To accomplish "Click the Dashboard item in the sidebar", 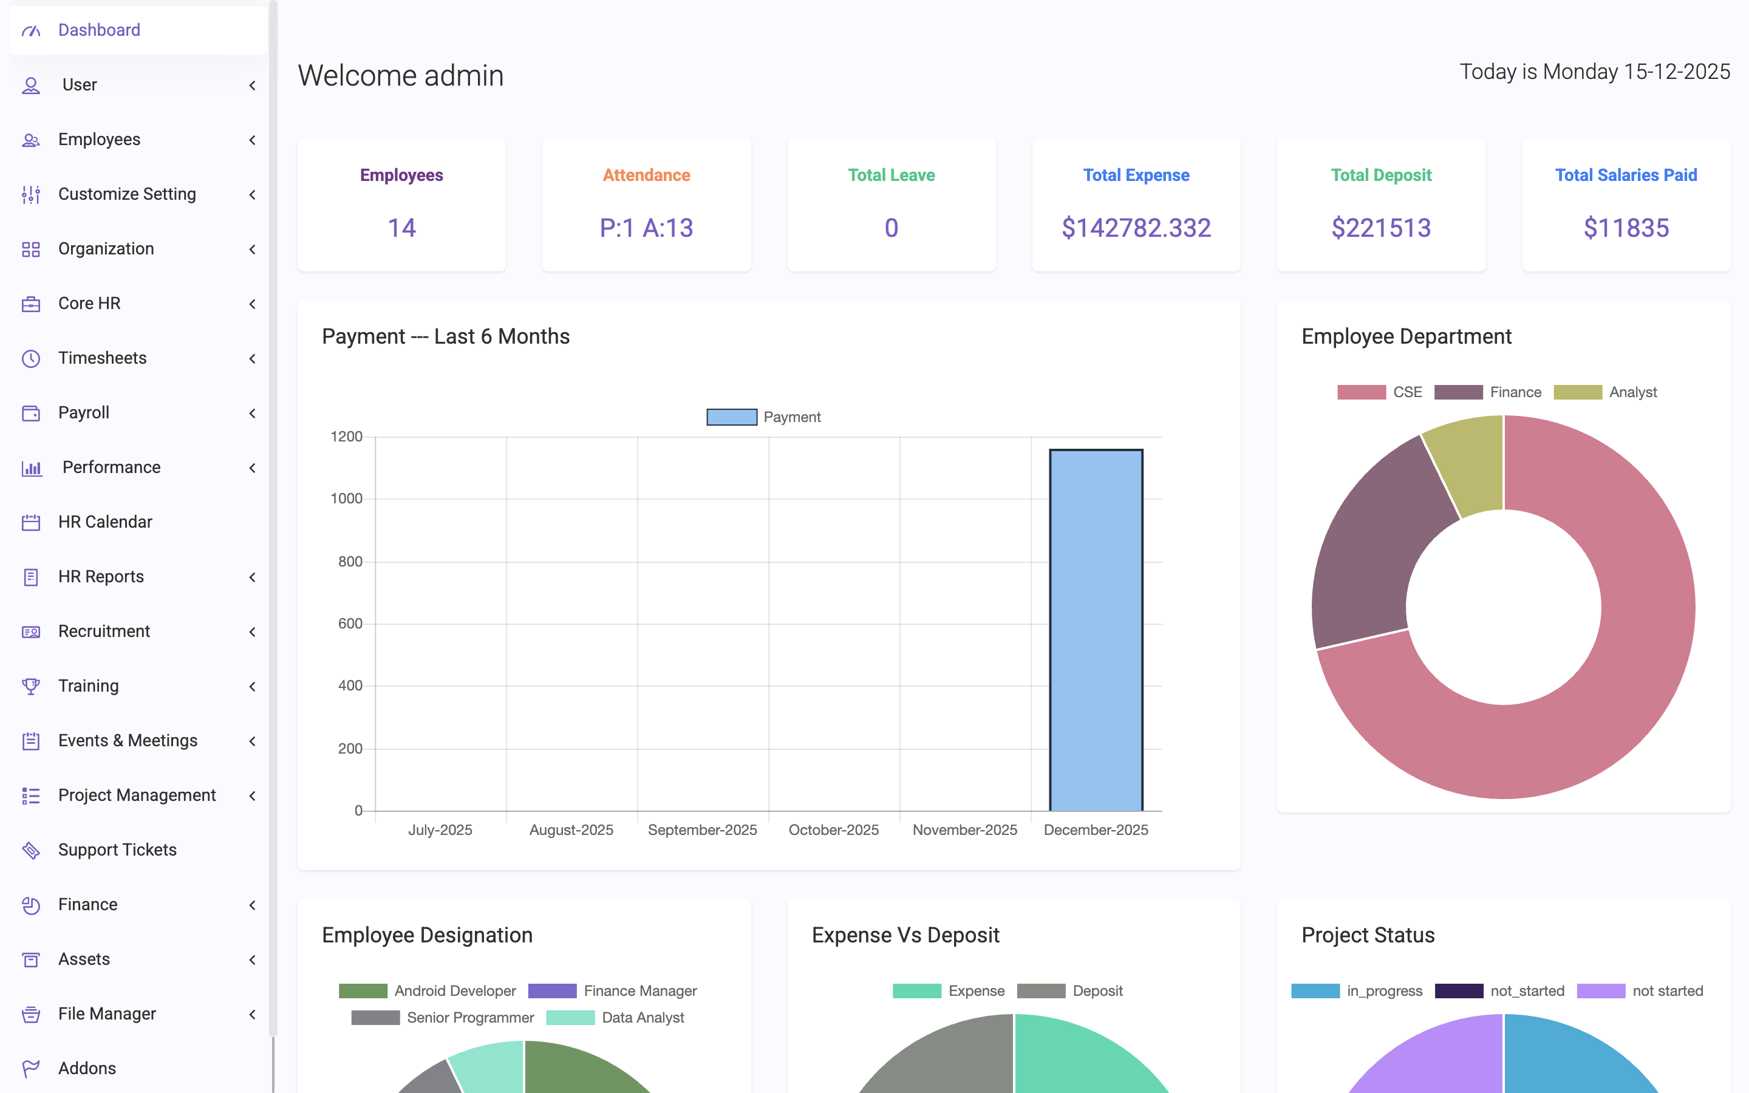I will (99, 30).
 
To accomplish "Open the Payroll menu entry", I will (84, 413).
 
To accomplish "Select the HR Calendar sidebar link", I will (105, 522).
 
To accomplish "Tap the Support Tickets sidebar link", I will (117, 850).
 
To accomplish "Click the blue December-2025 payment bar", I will (1096, 629).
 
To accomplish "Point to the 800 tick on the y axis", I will (350, 561).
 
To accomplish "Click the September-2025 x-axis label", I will (702, 830).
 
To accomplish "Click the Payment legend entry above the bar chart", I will (765, 417).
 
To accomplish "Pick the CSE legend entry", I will (1380, 392).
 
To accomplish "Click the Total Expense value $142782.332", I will (1136, 228).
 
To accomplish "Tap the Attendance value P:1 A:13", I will (646, 228).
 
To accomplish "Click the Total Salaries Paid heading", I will (1625, 175).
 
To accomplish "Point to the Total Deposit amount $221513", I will (1380, 228).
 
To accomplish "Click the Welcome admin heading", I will (400, 75).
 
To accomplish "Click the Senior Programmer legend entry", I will (443, 1017).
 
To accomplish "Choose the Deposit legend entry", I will (1071, 990).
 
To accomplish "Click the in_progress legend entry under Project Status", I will (1357, 990).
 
